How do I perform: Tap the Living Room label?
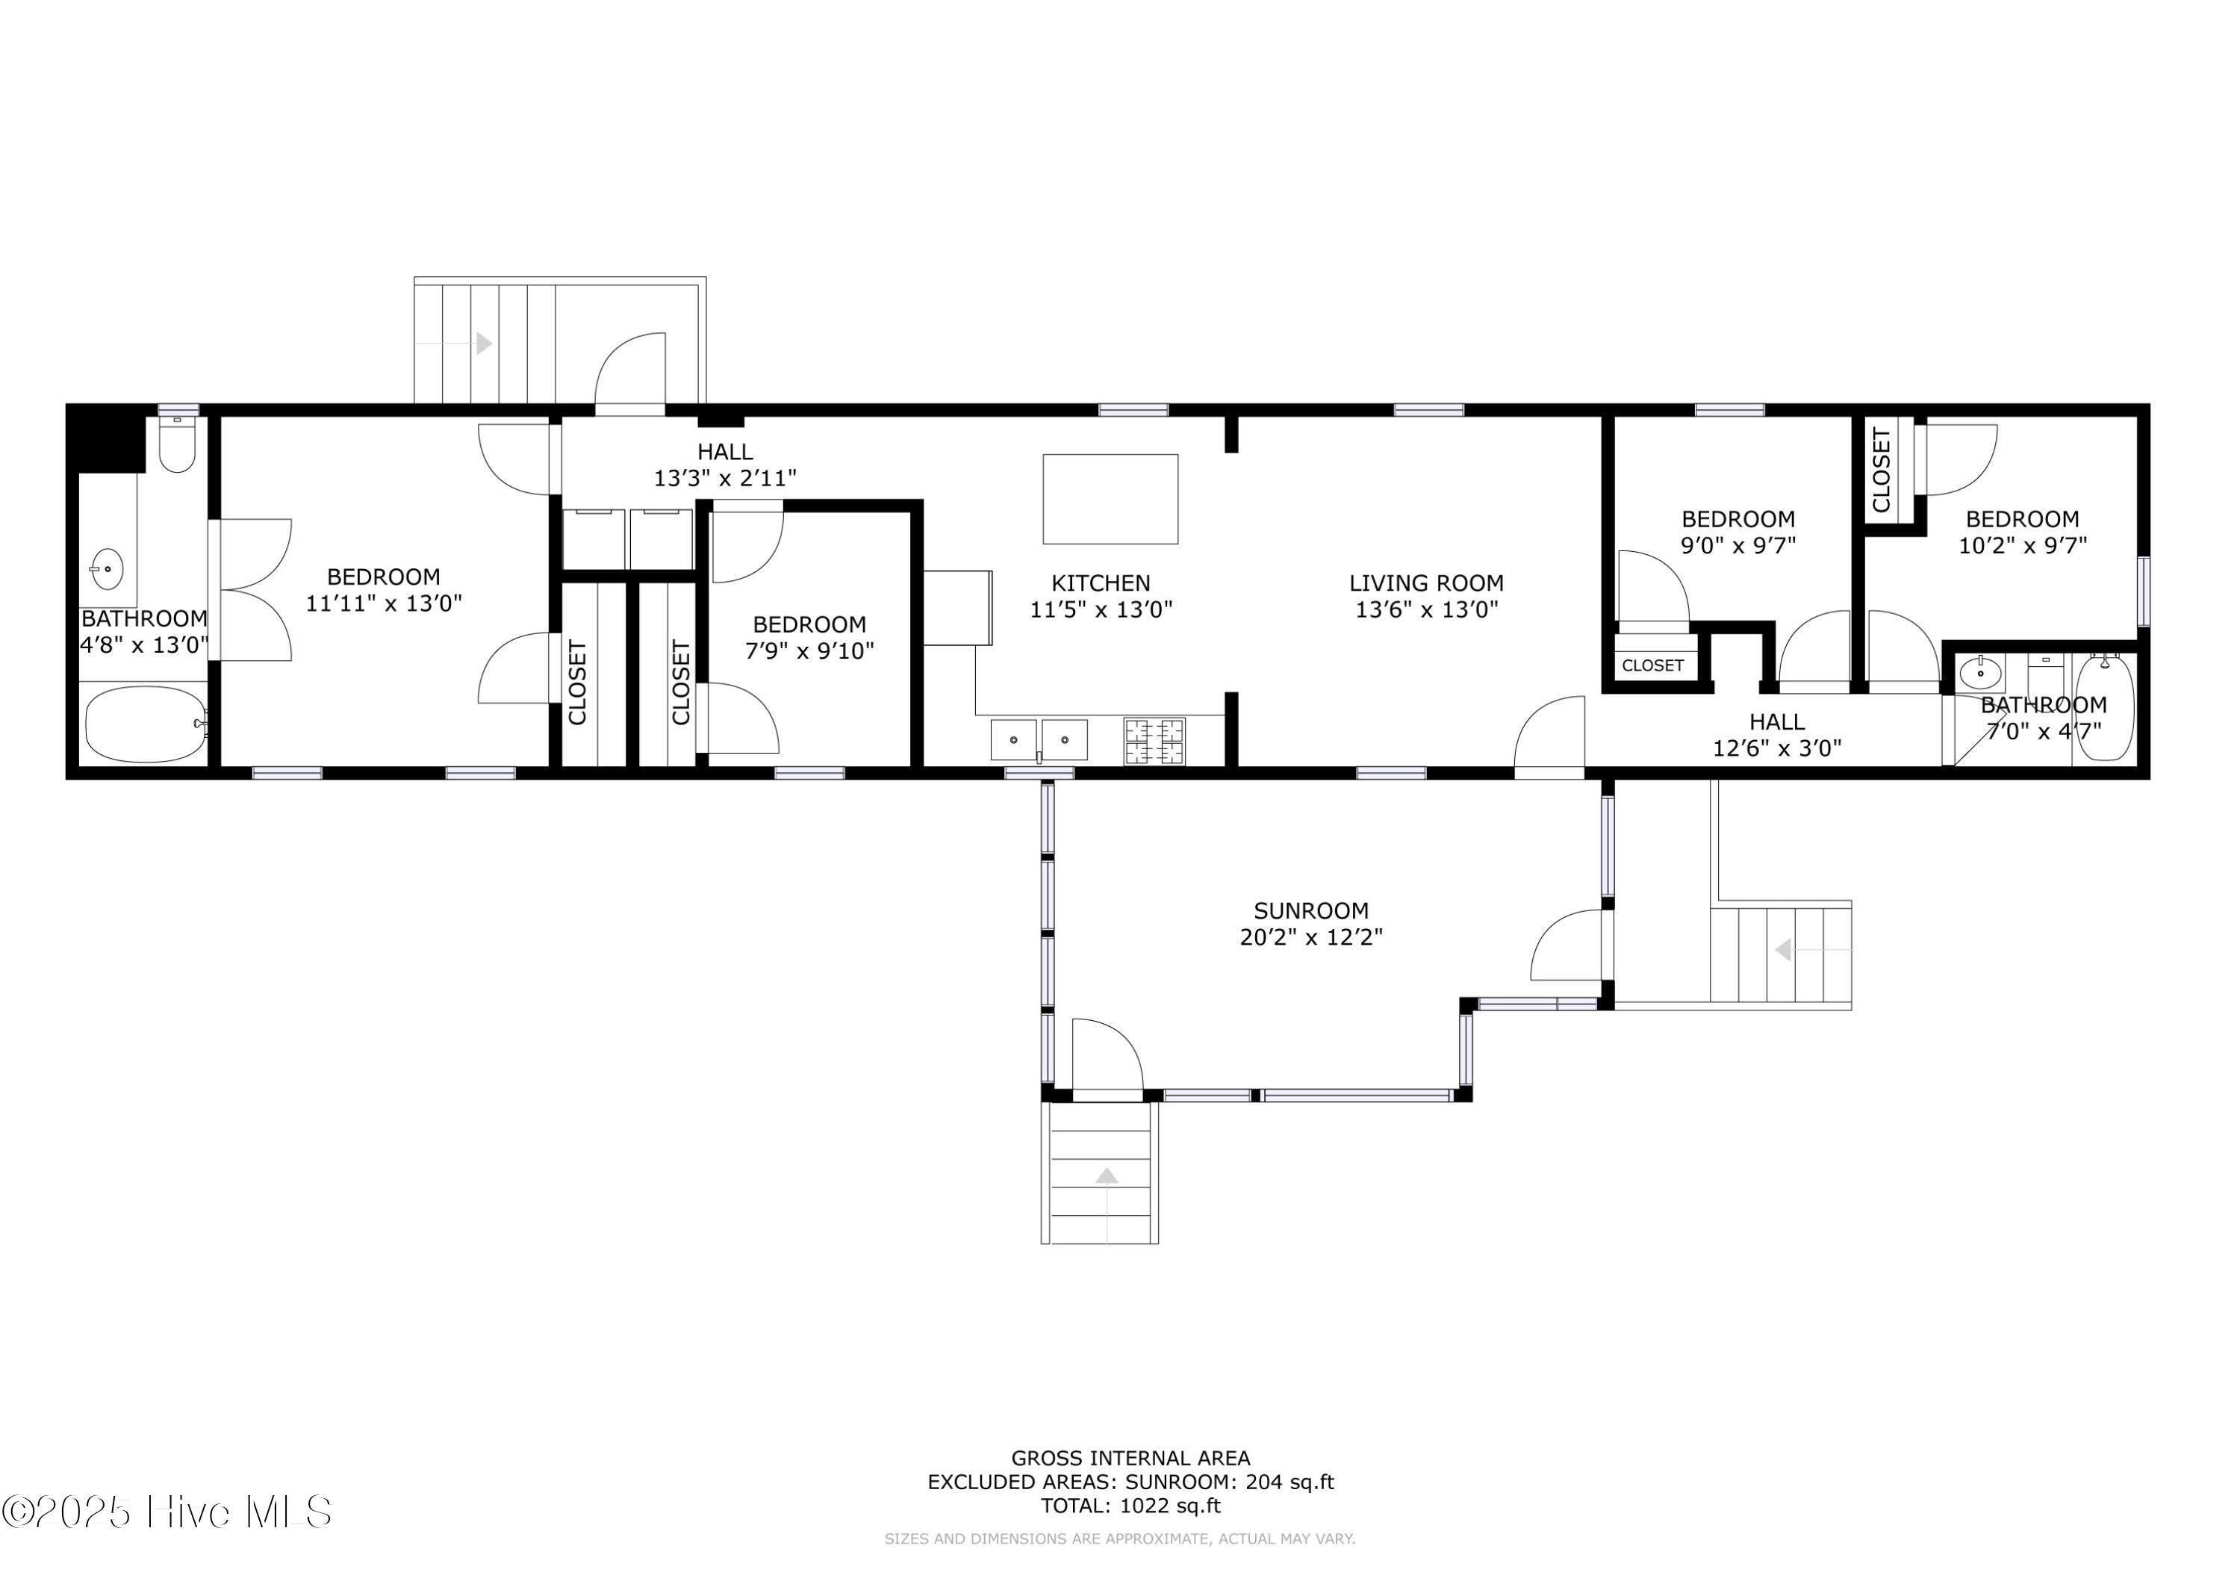click(x=1425, y=583)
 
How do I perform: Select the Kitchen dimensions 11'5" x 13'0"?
click(x=1101, y=609)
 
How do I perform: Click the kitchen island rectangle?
click(x=1110, y=499)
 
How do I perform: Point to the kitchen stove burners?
click(x=1154, y=741)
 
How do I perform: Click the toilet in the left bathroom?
click(x=176, y=444)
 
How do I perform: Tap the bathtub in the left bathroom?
click(x=146, y=724)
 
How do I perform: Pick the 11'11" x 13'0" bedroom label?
click(x=384, y=589)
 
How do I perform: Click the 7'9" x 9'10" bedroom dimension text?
click(x=809, y=650)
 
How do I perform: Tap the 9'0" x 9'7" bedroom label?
click(x=1737, y=532)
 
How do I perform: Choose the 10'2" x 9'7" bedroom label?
click(x=2023, y=532)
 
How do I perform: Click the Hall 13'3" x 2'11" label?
click(x=725, y=465)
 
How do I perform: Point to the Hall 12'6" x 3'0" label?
click(x=1776, y=735)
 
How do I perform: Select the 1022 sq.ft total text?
click(x=1130, y=1505)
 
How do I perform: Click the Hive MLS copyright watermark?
click(x=167, y=1512)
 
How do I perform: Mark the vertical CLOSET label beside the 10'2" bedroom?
click(x=1881, y=470)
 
